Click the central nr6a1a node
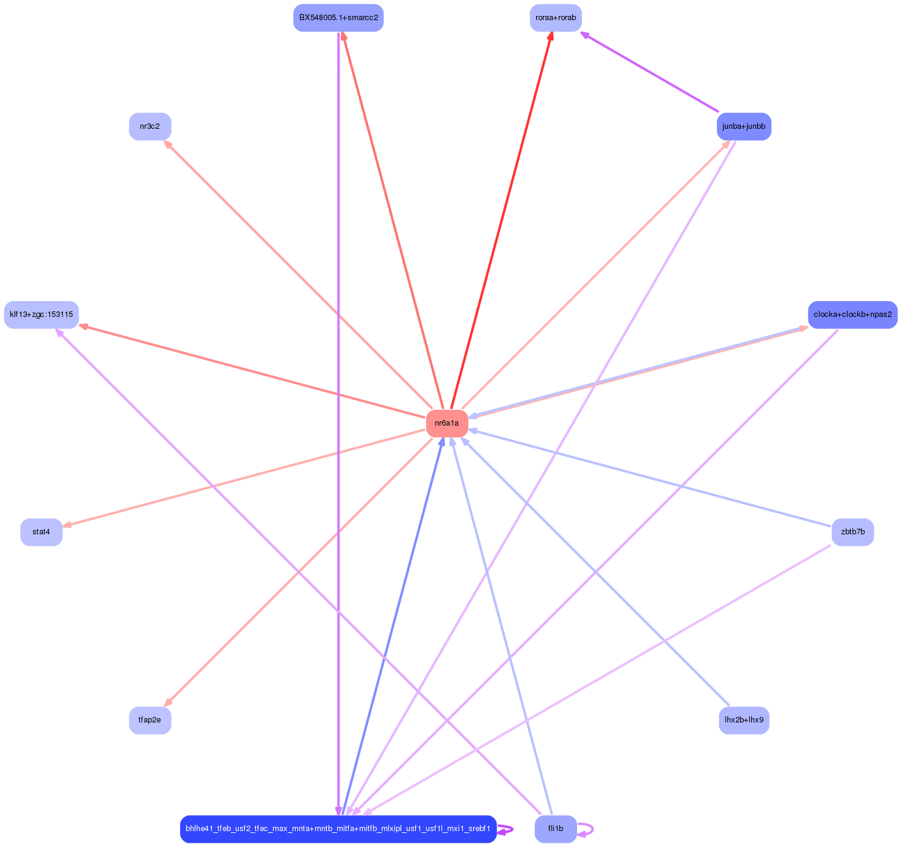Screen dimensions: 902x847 (x=447, y=423)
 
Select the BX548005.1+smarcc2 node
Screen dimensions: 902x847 (x=338, y=18)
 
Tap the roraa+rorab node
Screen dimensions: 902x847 (x=555, y=18)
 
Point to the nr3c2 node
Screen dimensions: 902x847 (x=150, y=126)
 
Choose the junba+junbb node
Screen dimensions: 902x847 (x=743, y=126)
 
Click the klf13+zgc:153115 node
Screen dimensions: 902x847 (x=42, y=314)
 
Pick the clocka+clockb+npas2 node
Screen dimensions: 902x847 (x=853, y=314)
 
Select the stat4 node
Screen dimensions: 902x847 (x=42, y=532)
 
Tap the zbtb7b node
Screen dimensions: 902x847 (x=853, y=532)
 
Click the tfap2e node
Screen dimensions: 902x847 (x=150, y=720)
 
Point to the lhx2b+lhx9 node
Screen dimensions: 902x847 (x=743, y=720)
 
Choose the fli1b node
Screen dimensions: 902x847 (x=556, y=829)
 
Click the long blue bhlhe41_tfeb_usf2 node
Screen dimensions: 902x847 (x=338, y=829)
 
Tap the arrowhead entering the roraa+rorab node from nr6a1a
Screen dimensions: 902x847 (x=551, y=36)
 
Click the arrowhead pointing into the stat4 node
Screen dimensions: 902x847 (x=67, y=525)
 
